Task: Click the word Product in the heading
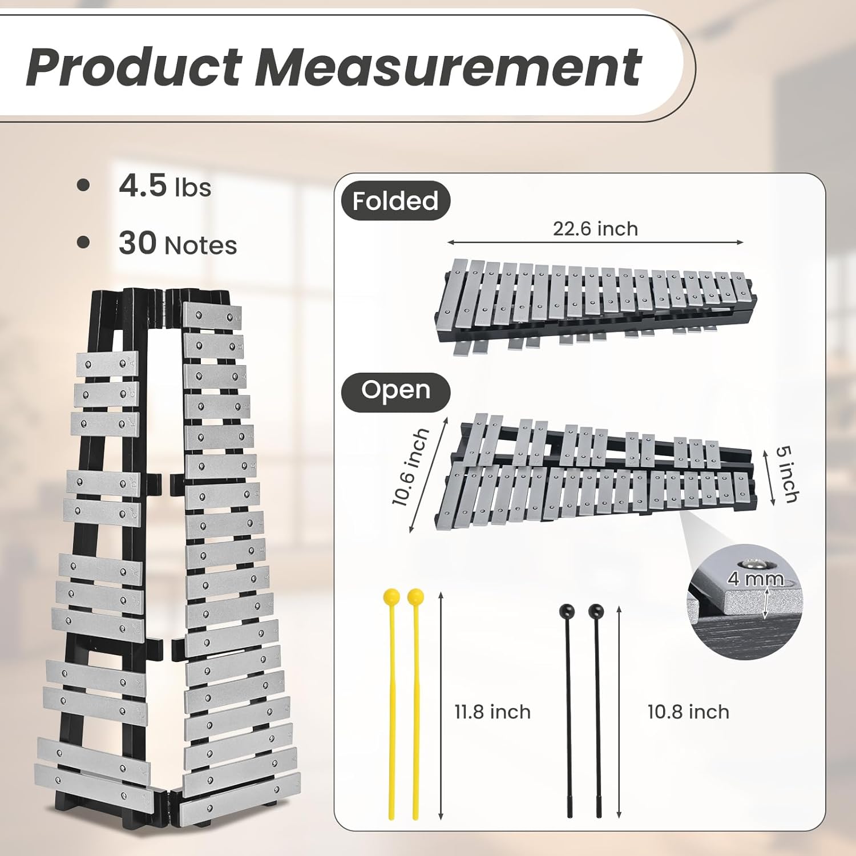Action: pos(134,67)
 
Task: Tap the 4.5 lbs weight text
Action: pos(165,186)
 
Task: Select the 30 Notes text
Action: pos(177,244)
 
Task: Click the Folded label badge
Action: pos(395,201)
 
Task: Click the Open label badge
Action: pos(395,390)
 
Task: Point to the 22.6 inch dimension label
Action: pos(595,228)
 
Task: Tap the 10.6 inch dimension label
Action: pos(410,467)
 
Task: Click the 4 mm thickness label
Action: pos(756,579)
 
